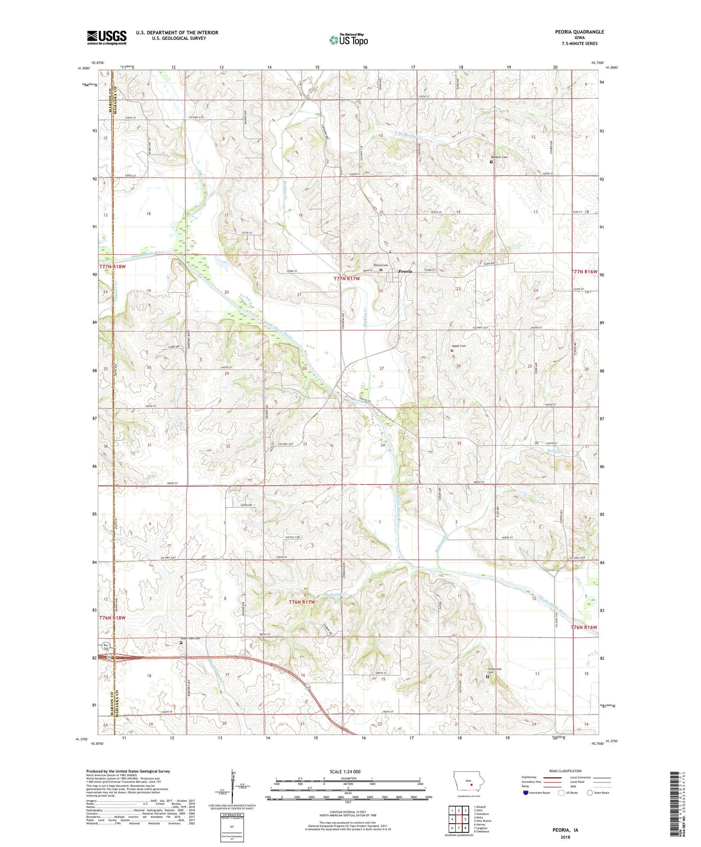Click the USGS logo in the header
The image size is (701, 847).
(107, 37)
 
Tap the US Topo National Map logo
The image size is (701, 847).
(348, 39)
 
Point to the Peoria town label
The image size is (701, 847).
(405, 271)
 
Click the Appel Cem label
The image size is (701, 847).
(458, 346)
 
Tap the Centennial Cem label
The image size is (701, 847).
(494, 670)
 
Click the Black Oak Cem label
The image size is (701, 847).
(190, 638)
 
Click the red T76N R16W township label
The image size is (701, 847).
(584, 627)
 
